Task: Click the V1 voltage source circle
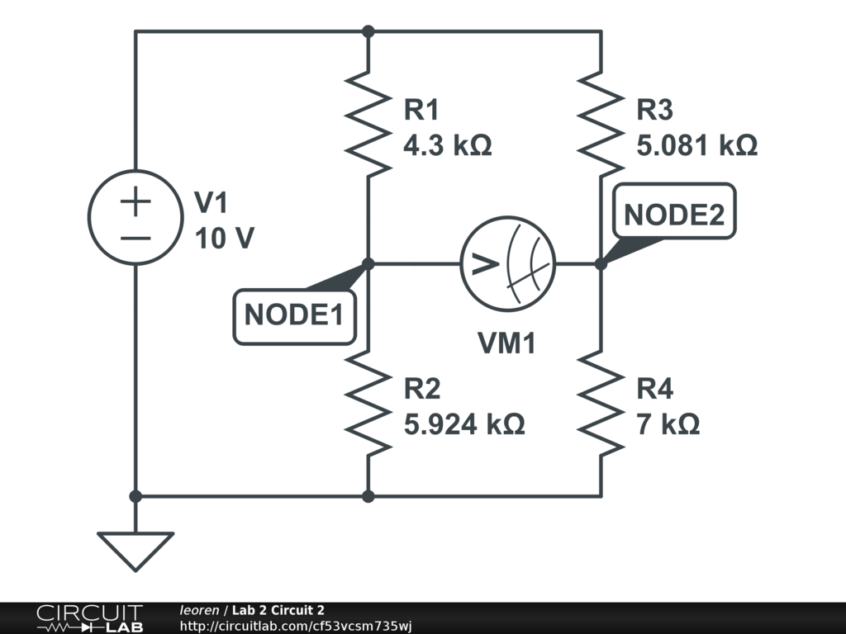pyautogui.click(x=135, y=217)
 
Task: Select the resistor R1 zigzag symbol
pyautogui.click(x=368, y=122)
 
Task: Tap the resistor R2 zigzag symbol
pyautogui.click(x=368, y=401)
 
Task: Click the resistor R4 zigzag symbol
pyautogui.click(x=601, y=401)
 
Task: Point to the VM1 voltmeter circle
pyautogui.click(x=507, y=264)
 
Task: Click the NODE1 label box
pyautogui.click(x=294, y=315)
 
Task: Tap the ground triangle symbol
pyautogui.click(x=135, y=549)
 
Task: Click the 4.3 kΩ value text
pyautogui.click(x=447, y=146)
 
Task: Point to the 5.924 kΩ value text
pyautogui.click(x=463, y=424)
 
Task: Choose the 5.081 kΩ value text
pyautogui.click(x=696, y=146)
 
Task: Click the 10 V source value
pyautogui.click(x=224, y=239)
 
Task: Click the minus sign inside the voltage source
pyautogui.click(x=135, y=237)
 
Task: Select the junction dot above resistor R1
pyautogui.click(x=368, y=31)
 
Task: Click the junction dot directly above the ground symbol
pyautogui.click(x=135, y=496)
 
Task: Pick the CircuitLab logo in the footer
pyautogui.click(x=88, y=618)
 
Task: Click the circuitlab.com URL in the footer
pyautogui.click(x=295, y=626)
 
